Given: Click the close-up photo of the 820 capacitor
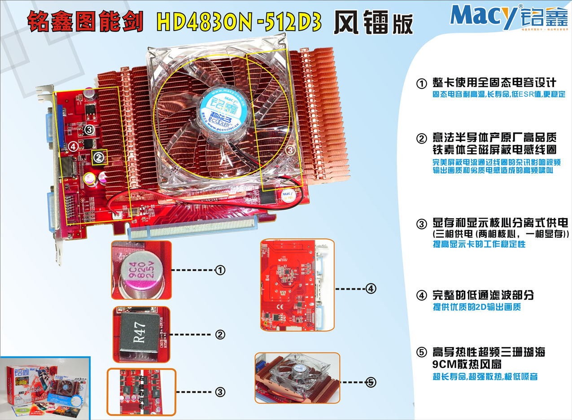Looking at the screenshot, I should click(141, 270).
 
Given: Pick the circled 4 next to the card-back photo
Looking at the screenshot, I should click(371, 289).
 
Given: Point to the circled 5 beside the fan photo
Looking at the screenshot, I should click(371, 382).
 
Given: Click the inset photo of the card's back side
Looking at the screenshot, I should click(297, 285).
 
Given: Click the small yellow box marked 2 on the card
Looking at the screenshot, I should click(99, 157).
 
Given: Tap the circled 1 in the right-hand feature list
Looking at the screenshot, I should click(421, 84).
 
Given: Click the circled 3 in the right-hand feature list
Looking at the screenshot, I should click(421, 223).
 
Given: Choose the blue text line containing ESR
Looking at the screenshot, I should click(498, 95).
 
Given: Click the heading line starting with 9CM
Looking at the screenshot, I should click(467, 363).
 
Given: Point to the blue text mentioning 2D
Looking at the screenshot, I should click(476, 307).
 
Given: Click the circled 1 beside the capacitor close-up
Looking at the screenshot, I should click(220, 270).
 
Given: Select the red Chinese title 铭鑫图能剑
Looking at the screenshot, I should click(85, 22).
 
